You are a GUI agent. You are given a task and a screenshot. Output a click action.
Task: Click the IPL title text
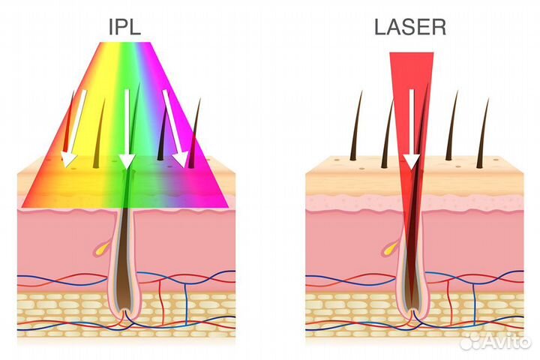tap(124, 27)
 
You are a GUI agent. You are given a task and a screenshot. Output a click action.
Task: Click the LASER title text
tap(409, 27)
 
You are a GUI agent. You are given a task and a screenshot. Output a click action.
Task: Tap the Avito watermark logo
tap(495, 341)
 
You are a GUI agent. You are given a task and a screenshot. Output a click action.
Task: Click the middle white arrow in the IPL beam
tap(127, 129)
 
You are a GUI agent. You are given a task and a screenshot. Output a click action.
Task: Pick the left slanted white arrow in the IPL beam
tap(73, 128)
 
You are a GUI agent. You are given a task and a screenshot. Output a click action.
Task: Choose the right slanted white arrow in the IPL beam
tap(175, 128)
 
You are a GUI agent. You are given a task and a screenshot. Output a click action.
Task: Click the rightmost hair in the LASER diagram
tap(483, 133)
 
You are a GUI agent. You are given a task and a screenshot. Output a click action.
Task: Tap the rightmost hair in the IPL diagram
tap(195, 133)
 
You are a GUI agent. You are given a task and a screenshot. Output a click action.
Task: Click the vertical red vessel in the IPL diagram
tap(160, 300)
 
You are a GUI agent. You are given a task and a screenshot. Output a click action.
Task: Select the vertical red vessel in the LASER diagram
tap(448, 300)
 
